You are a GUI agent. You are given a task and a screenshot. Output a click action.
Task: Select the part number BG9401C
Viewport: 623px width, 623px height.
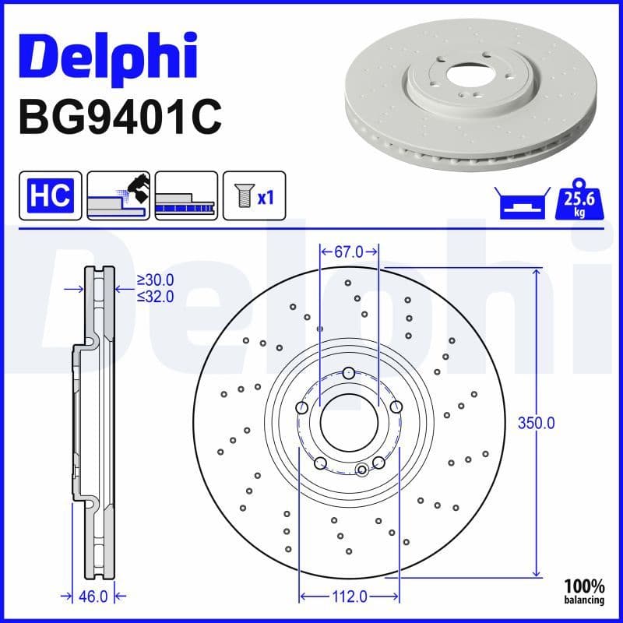pos(120,116)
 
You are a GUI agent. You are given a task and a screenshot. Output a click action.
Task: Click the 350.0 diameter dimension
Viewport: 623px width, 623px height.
pos(536,424)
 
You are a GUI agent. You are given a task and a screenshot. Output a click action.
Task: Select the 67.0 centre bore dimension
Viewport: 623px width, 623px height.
pos(349,252)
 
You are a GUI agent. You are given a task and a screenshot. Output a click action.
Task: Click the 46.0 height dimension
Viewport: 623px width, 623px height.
pos(93,597)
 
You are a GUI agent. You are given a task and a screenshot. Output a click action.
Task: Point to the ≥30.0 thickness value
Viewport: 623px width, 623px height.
pos(155,280)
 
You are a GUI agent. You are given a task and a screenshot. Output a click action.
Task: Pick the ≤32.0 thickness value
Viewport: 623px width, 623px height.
pos(155,296)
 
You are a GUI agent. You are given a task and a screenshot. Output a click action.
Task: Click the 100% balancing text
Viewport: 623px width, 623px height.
pos(584,591)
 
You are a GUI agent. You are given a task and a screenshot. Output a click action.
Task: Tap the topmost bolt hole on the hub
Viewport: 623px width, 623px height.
pos(349,371)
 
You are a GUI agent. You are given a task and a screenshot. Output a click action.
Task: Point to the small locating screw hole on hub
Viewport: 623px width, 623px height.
pos(362,470)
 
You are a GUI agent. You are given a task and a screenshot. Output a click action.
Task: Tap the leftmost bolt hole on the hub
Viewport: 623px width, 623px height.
pos(302,407)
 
